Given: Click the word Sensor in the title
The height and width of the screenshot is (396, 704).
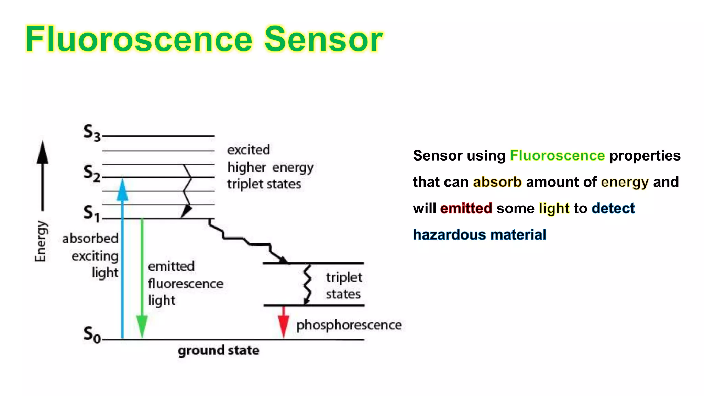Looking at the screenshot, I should point(323,39).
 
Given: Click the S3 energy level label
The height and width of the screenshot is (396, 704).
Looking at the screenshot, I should point(92,133).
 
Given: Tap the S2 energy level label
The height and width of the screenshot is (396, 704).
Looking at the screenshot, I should point(92,173).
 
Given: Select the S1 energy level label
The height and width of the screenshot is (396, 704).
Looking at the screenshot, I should point(92,213).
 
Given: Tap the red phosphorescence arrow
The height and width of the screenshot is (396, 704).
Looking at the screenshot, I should point(283,323).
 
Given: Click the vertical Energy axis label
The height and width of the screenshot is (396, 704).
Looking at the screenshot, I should point(41,241).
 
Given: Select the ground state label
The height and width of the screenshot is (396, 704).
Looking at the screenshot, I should point(219,350).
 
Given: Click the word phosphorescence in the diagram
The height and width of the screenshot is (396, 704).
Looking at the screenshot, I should point(349,325).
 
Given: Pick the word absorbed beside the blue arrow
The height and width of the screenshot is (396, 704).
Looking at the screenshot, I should point(90,238).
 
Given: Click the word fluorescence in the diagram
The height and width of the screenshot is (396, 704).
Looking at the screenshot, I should point(186,284).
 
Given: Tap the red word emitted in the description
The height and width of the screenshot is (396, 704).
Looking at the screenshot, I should point(466,208).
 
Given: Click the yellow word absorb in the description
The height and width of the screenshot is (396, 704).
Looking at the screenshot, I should point(497,182).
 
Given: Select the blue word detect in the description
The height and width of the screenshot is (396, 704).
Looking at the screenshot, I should point(613,208).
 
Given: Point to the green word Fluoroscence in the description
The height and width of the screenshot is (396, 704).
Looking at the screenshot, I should point(557,155).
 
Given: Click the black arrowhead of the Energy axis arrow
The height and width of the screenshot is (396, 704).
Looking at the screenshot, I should point(43,153).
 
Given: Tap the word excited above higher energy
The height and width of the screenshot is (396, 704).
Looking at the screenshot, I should point(249,150).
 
